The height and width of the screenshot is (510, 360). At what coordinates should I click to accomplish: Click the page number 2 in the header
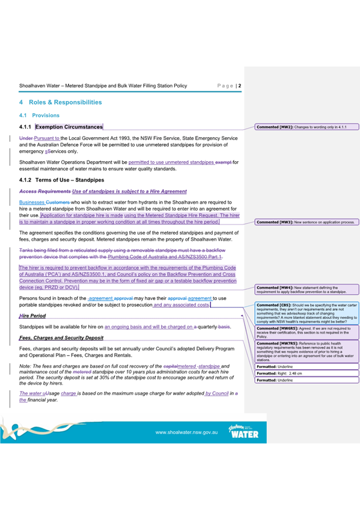pyautogui.click(x=240, y=86)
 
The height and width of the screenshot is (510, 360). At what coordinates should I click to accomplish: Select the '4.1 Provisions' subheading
pyautogui.click(x=49, y=115)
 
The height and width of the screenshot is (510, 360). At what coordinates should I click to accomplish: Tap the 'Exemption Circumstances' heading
pyautogui.click(x=69, y=127)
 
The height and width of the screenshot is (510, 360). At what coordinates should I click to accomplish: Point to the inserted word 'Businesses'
pyautogui.click(x=32, y=203)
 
